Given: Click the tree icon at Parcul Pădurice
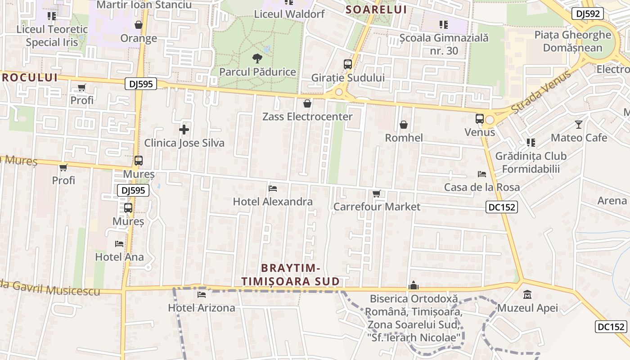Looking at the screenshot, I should click(x=257, y=58).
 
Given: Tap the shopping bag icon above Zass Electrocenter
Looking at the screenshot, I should click(x=307, y=104).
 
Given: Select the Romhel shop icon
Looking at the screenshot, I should click(x=404, y=125).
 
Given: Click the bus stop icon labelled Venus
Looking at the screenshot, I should click(x=480, y=119).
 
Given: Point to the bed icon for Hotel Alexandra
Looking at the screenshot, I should click(x=272, y=189).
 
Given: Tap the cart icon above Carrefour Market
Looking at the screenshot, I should click(x=377, y=194).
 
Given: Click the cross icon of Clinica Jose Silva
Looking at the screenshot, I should click(x=184, y=130).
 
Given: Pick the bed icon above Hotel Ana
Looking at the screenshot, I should click(x=119, y=244).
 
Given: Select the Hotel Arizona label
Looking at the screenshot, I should click(x=202, y=308).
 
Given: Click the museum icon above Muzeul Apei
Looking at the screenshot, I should click(x=527, y=295).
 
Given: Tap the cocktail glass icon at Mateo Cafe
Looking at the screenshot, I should click(x=579, y=125).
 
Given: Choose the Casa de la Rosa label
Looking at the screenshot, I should click(x=482, y=187).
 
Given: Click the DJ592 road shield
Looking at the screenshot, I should click(x=588, y=13).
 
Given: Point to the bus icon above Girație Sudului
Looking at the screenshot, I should click(x=348, y=64).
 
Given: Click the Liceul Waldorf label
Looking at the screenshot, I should click(x=289, y=14).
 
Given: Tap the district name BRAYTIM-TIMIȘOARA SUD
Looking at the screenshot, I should click(x=290, y=275).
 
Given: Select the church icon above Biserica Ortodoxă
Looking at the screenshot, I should click(x=414, y=285).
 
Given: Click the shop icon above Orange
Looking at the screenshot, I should click(x=139, y=25).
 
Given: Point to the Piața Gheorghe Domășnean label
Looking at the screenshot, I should click(x=573, y=41).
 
